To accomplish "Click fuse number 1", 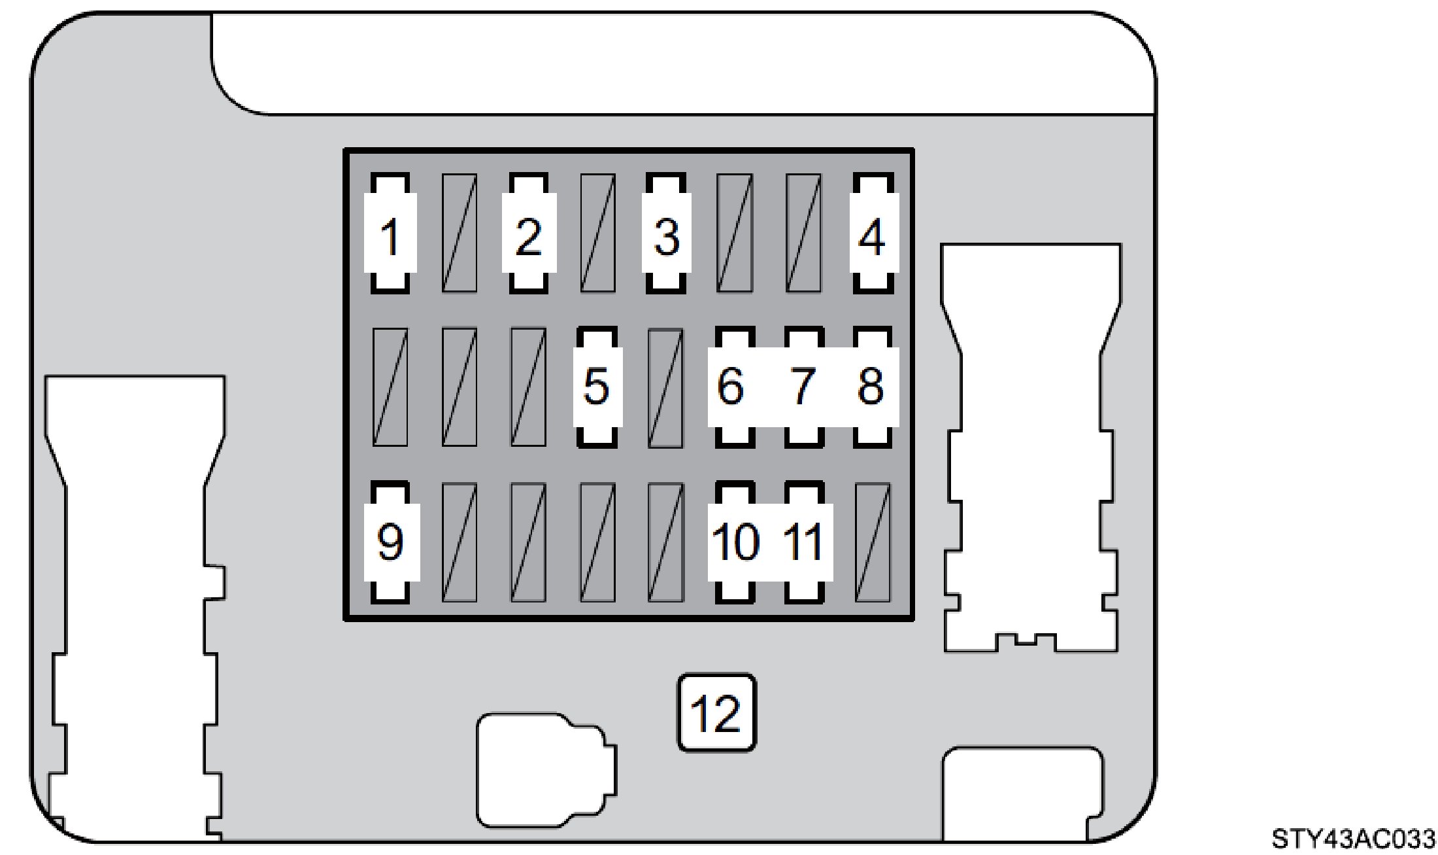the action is [x=390, y=234].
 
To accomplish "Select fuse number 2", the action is [x=529, y=234].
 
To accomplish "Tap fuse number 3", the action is [x=666, y=234].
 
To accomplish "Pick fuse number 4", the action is [x=873, y=234].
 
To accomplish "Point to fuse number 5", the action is [x=597, y=387].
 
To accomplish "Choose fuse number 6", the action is [x=734, y=387].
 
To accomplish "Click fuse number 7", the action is [x=803, y=387].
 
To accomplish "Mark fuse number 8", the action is [x=873, y=387].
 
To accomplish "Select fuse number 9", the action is [x=390, y=542].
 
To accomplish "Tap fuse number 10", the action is [x=735, y=542].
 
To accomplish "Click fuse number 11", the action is [x=803, y=542].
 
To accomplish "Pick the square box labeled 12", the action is [x=716, y=712].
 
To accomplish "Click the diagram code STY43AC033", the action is [x=1353, y=839].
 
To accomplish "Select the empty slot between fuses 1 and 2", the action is [x=460, y=234].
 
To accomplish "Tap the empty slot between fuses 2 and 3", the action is [x=597, y=234].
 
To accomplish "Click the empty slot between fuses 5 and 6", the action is [x=665, y=387].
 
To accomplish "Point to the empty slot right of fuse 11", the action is [x=873, y=542].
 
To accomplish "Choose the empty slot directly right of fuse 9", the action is [x=460, y=542].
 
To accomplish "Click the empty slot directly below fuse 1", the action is [x=390, y=387].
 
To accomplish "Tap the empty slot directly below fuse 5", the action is [x=597, y=542].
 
